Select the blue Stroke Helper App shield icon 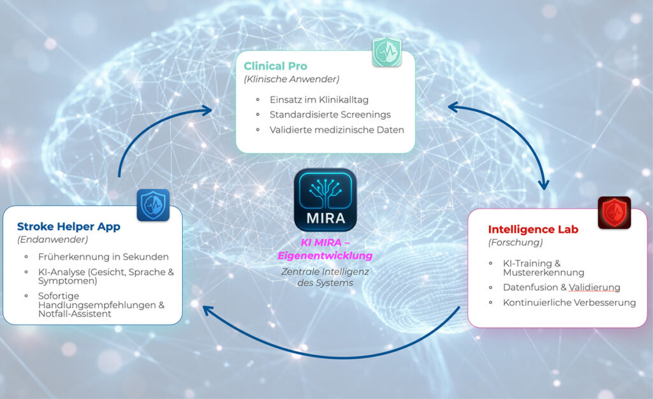coord(153,205)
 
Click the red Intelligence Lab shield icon coord(614,212)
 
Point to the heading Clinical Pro coord(275,66)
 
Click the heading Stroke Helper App coord(69,226)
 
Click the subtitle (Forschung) coord(515,243)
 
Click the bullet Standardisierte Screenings coord(330,115)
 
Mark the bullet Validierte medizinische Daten coord(337,130)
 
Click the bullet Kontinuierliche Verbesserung coord(569,302)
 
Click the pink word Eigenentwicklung coord(325,256)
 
